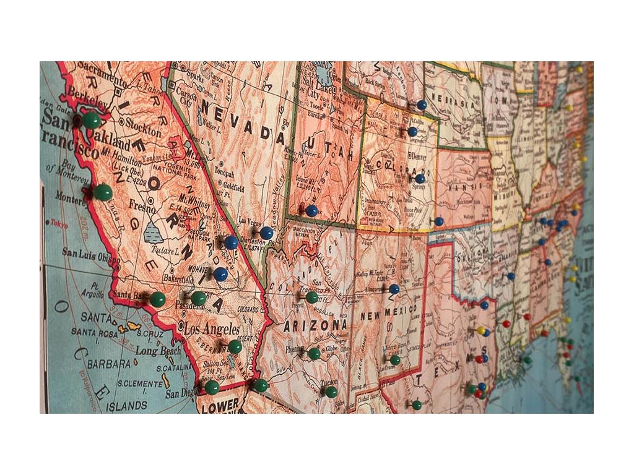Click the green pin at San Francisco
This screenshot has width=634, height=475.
tap(91, 120)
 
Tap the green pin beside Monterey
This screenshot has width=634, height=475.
tap(103, 192)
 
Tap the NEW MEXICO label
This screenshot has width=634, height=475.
tap(389, 314)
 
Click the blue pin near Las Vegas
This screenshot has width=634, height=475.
tap(266, 233)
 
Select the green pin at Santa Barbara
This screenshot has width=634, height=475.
tap(157, 299)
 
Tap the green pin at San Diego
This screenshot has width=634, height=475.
tap(212, 387)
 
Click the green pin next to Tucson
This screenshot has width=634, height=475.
tap(331, 391)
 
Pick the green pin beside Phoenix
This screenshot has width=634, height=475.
tap(314, 354)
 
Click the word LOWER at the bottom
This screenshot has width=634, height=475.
tap(220, 405)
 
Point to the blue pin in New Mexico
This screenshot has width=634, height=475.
tap(394, 289)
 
